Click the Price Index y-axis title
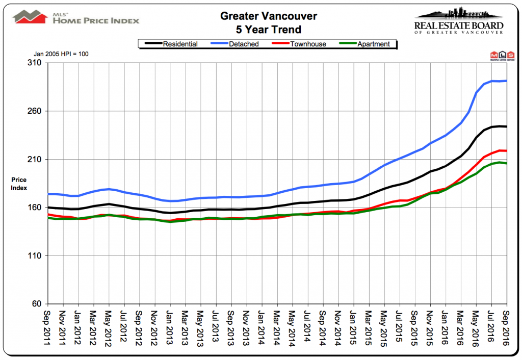point(19,184)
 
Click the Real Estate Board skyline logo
point(459,20)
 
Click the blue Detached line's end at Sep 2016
point(506,81)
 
